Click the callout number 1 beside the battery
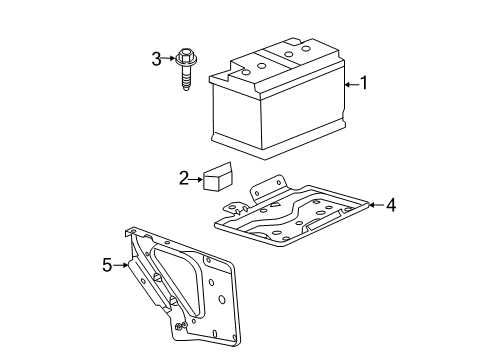tap(364, 84)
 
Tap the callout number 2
tap(184, 179)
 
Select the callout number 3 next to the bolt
tap(157, 59)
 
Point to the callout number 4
tap(391, 205)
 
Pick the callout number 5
tap(107, 265)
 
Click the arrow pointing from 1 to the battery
tap(349, 84)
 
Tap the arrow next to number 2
tap(197, 179)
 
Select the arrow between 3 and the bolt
tap(169, 59)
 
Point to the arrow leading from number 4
tap(376, 205)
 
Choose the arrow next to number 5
tap(120, 265)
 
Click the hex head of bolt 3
tap(187, 56)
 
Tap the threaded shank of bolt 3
tap(187, 80)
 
